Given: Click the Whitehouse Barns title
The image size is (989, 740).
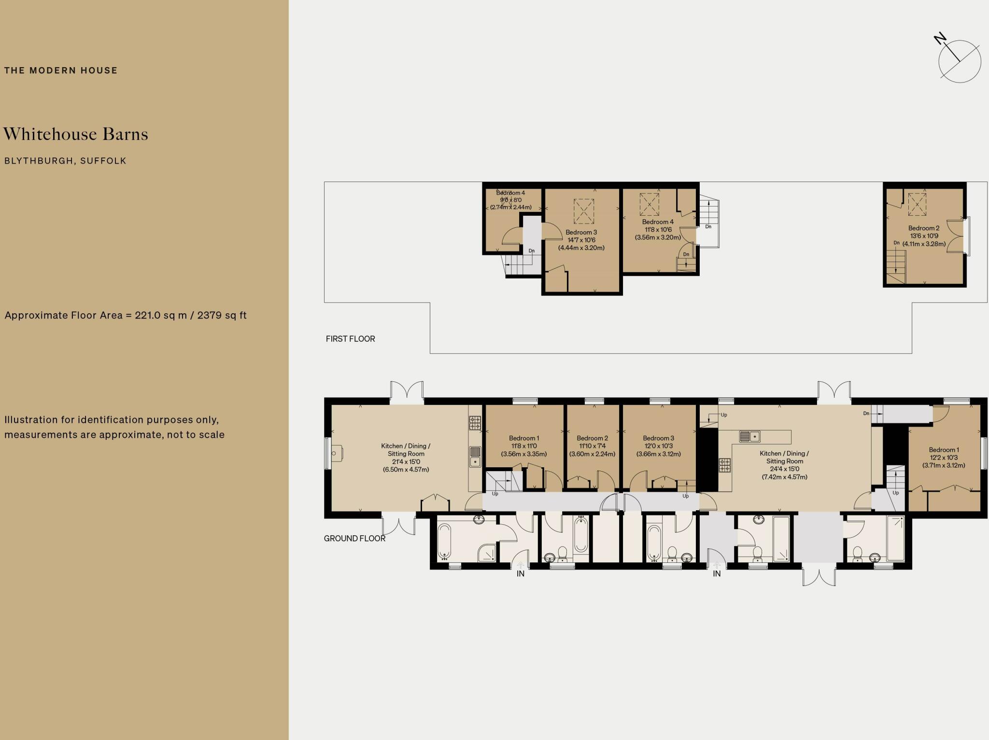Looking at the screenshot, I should point(76,134).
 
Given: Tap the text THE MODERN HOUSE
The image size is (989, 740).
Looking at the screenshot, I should point(61,70).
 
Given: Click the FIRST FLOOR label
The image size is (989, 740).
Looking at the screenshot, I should point(350,339).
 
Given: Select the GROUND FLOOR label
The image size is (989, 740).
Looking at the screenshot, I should point(354,538).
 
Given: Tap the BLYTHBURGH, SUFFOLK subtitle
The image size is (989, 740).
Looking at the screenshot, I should point(65,161).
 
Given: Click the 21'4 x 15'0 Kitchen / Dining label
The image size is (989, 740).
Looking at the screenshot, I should point(406,458).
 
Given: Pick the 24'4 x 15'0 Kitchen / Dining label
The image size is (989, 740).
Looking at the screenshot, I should point(784,465).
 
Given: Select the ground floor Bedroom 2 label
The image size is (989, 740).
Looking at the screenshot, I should point(592,446).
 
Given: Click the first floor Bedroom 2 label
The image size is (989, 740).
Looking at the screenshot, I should point(923,236).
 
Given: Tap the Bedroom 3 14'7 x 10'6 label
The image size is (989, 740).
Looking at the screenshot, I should point(581,240).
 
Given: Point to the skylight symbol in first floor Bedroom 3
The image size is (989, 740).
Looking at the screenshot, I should point(583,211).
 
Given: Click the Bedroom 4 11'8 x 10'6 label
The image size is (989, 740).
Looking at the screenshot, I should point(657,230).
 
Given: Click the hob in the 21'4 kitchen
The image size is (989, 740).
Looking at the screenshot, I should point(475,423).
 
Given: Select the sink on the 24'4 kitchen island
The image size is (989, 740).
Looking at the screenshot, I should point(749,436).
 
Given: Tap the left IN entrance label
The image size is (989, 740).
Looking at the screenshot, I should point(520,574).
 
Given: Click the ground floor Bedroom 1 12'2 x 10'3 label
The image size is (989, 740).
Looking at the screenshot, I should point(944,458).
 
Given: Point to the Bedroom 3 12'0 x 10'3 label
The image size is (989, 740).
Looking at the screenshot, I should point(658,446).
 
